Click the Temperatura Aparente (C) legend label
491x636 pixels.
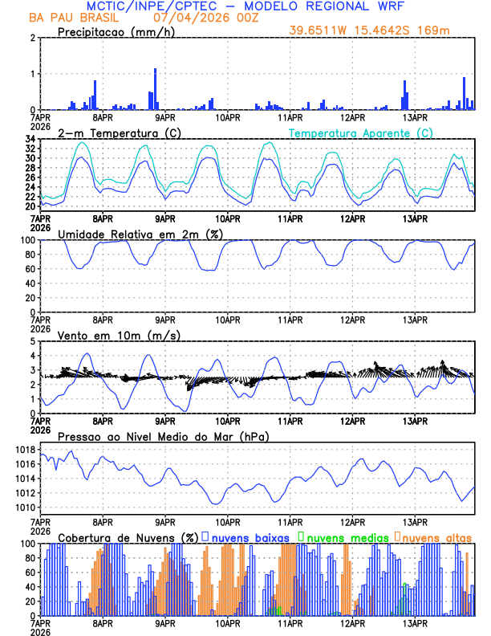click(x=361, y=132)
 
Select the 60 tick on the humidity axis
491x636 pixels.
click(x=29, y=269)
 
